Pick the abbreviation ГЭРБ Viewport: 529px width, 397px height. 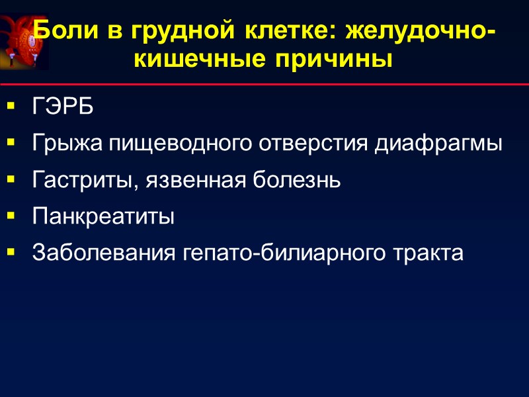[63, 107]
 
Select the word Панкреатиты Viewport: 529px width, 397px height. [103, 216]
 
